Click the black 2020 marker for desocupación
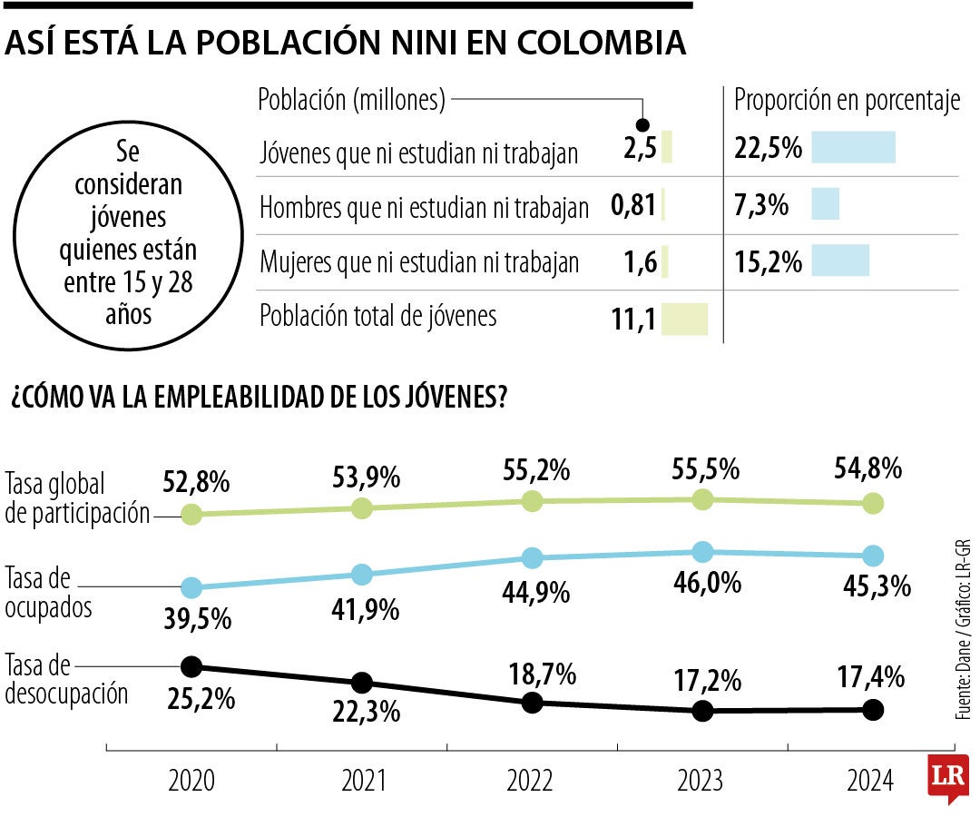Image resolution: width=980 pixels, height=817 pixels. click(191, 667)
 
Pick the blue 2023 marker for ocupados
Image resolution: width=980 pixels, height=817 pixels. click(701, 552)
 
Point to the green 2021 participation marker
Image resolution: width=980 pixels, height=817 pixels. click(361, 508)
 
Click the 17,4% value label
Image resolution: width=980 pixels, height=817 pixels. click(869, 676)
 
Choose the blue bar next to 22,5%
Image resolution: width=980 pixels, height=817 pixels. click(853, 148)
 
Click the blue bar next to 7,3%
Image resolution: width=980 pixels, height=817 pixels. click(825, 204)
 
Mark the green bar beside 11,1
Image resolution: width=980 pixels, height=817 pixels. click(684, 320)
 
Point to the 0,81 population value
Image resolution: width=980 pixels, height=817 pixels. click(633, 206)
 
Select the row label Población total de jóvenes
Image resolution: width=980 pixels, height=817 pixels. click(378, 316)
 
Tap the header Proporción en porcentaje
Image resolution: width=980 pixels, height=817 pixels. click(847, 101)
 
